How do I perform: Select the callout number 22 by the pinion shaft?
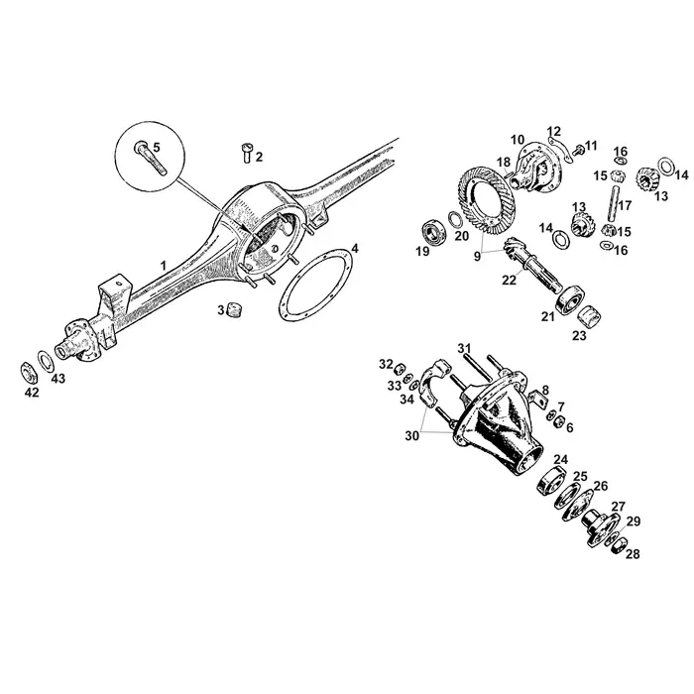[x=509, y=281]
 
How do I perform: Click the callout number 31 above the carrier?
[x=462, y=347]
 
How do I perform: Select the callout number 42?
[x=32, y=392]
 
